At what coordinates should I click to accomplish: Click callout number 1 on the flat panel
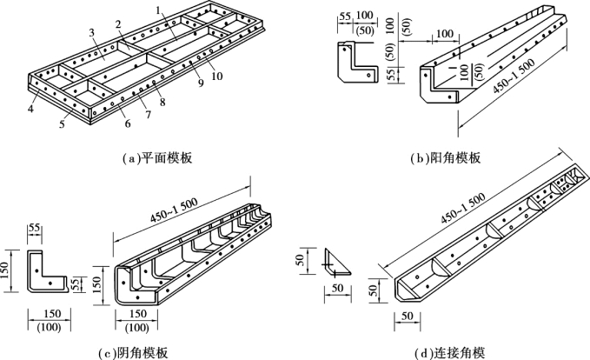[x=158, y=10]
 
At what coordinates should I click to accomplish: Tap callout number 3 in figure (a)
[x=91, y=32]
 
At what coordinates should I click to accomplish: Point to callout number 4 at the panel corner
[x=30, y=110]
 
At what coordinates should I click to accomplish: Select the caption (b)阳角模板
[x=445, y=158]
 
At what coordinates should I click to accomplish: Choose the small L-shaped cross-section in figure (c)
[x=48, y=275]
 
